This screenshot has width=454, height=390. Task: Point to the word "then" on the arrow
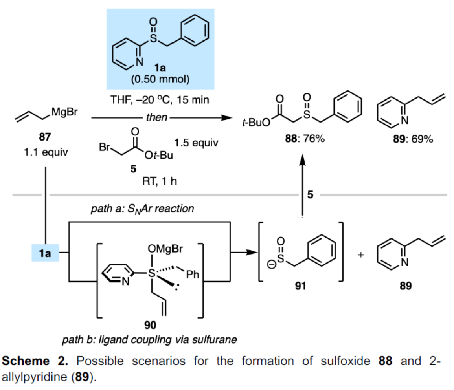point(156,117)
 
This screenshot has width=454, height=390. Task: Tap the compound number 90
point(150,324)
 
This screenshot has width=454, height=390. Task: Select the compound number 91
point(301,286)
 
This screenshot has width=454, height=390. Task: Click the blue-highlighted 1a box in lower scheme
point(46,254)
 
